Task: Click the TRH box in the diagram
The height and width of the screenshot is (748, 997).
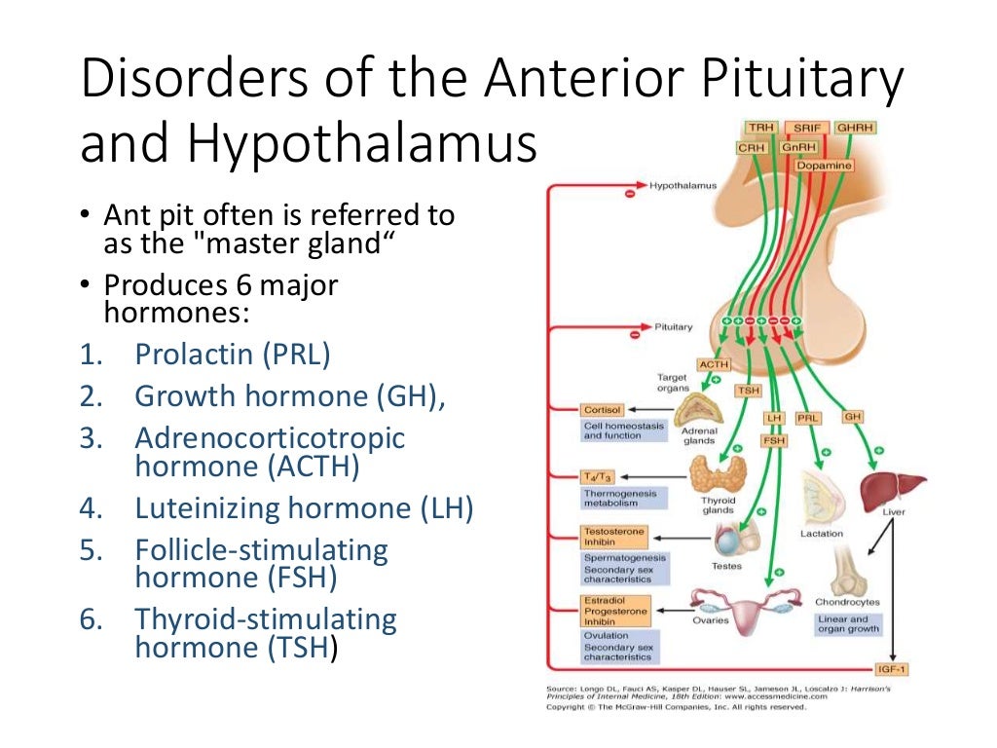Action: [x=758, y=129]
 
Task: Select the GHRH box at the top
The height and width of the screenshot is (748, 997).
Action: [x=855, y=129]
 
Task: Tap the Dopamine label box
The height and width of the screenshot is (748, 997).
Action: [x=824, y=166]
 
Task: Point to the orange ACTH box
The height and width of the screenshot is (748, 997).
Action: [x=713, y=364]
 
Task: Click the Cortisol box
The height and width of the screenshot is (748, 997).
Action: [x=602, y=410]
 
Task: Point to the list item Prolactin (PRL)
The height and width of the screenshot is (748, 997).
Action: [x=233, y=355]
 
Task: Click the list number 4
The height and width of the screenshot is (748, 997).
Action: [x=90, y=508]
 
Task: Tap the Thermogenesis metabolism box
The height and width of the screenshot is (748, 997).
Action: [x=620, y=499]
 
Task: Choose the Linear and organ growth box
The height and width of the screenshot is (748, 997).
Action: [x=847, y=624]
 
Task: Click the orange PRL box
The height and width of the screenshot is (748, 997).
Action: [x=808, y=418]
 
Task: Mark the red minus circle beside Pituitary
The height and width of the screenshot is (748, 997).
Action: [x=635, y=334]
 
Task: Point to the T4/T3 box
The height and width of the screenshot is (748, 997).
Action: [x=596, y=475]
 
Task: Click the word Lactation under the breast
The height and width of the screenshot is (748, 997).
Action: [x=821, y=533]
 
